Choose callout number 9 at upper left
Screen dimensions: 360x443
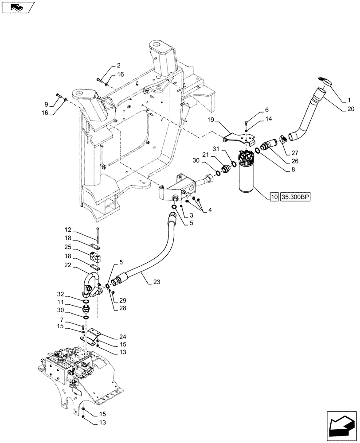[46, 105]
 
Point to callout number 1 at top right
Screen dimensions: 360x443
[349, 97]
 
